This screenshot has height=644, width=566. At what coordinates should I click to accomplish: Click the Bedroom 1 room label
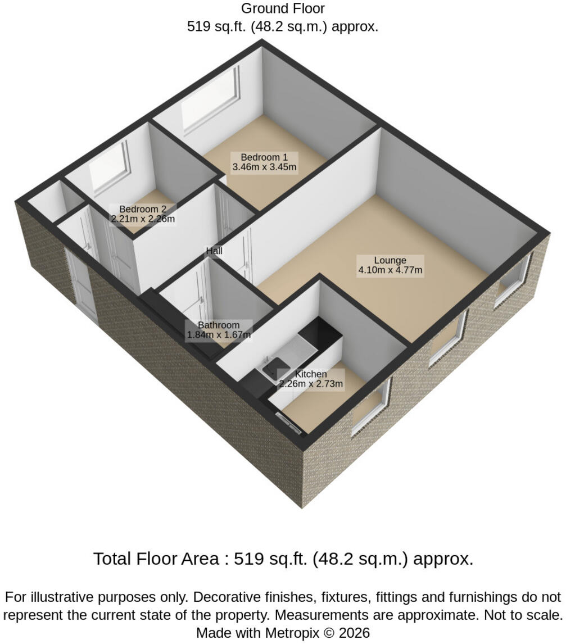[264, 157]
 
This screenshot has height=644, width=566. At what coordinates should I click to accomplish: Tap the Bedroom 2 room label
[143, 209]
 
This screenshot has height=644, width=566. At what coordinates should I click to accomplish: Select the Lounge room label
[390, 260]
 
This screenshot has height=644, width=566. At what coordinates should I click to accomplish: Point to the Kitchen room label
[311, 374]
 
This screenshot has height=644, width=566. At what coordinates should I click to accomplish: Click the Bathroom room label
[219, 325]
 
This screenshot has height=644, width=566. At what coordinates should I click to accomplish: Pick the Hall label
[214, 251]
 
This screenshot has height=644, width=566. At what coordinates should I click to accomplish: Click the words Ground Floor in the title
[283, 8]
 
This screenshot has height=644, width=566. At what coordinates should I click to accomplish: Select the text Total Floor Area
[156, 559]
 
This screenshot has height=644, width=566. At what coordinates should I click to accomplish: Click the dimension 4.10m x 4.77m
[390, 270]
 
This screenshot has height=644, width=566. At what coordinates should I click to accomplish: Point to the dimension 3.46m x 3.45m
[264, 167]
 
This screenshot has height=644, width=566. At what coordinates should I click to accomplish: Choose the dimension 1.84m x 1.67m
[219, 335]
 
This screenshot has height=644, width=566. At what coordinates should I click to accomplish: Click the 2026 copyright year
[355, 633]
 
